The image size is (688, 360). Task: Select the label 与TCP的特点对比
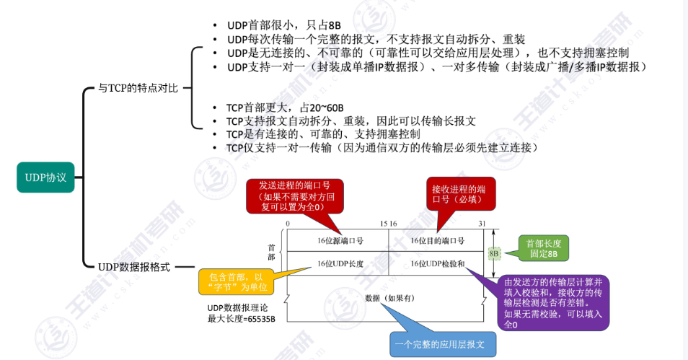138,89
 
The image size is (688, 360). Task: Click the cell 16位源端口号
340,240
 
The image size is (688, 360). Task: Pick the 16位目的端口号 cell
438,240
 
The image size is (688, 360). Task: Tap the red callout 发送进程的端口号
295,196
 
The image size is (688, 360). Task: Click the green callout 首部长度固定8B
543,249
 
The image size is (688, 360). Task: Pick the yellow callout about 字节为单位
237,282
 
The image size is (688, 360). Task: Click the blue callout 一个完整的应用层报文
443,343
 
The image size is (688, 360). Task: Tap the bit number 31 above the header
481,224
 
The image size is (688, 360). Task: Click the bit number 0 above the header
288,224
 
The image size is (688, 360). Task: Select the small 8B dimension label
494,254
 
